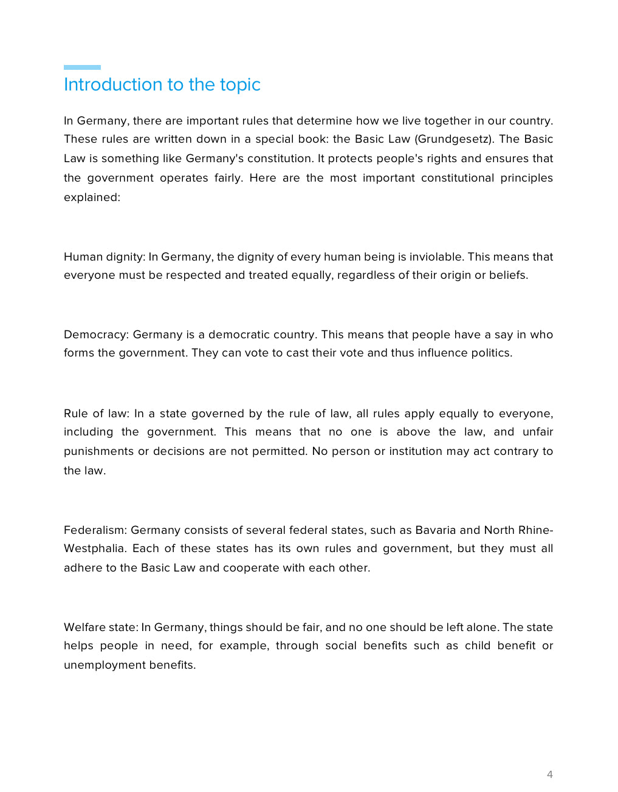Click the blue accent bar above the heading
pos(82,67)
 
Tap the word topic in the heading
pos(241,85)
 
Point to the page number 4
pos(549,774)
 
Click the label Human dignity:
pos(105,257)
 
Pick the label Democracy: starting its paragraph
pos(97,335)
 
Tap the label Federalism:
pos(95,530)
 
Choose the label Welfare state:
pos(101,627)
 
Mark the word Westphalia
pos(94,548)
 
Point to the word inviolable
pos(435,257)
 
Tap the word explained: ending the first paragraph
pos(92,197)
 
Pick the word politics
pos(492,353)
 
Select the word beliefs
pos(509,275)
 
